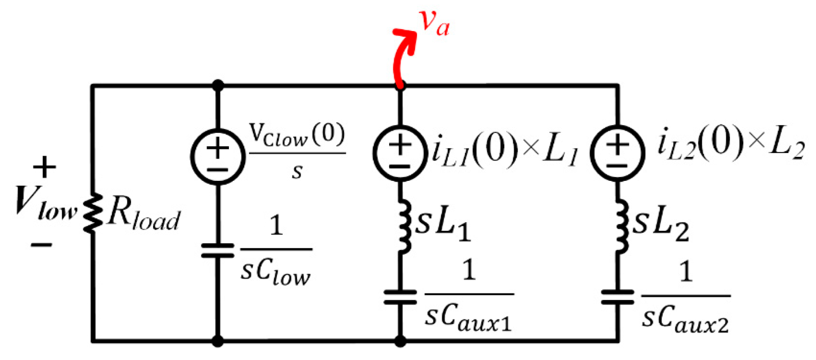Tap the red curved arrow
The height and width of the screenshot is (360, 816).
[x=402, y=53]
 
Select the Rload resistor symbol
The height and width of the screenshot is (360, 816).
[x=93, y=213]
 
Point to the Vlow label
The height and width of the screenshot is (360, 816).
[x=44, y=205]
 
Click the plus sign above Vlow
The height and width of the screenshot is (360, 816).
[x=44, y=168]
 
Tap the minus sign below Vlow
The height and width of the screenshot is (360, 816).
[x=42, y=244]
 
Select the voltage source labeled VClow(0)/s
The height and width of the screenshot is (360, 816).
[x=217, y=156]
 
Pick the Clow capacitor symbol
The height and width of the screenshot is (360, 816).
[x=217, y=251]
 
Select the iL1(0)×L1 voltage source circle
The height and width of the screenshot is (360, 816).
[x=399, y=153]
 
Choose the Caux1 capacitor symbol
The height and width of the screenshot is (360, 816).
[x=400, y=297]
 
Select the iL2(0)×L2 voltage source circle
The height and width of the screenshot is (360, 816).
[x=617, y=153]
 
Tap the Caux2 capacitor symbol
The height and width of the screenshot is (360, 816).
[x=617, y=297]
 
